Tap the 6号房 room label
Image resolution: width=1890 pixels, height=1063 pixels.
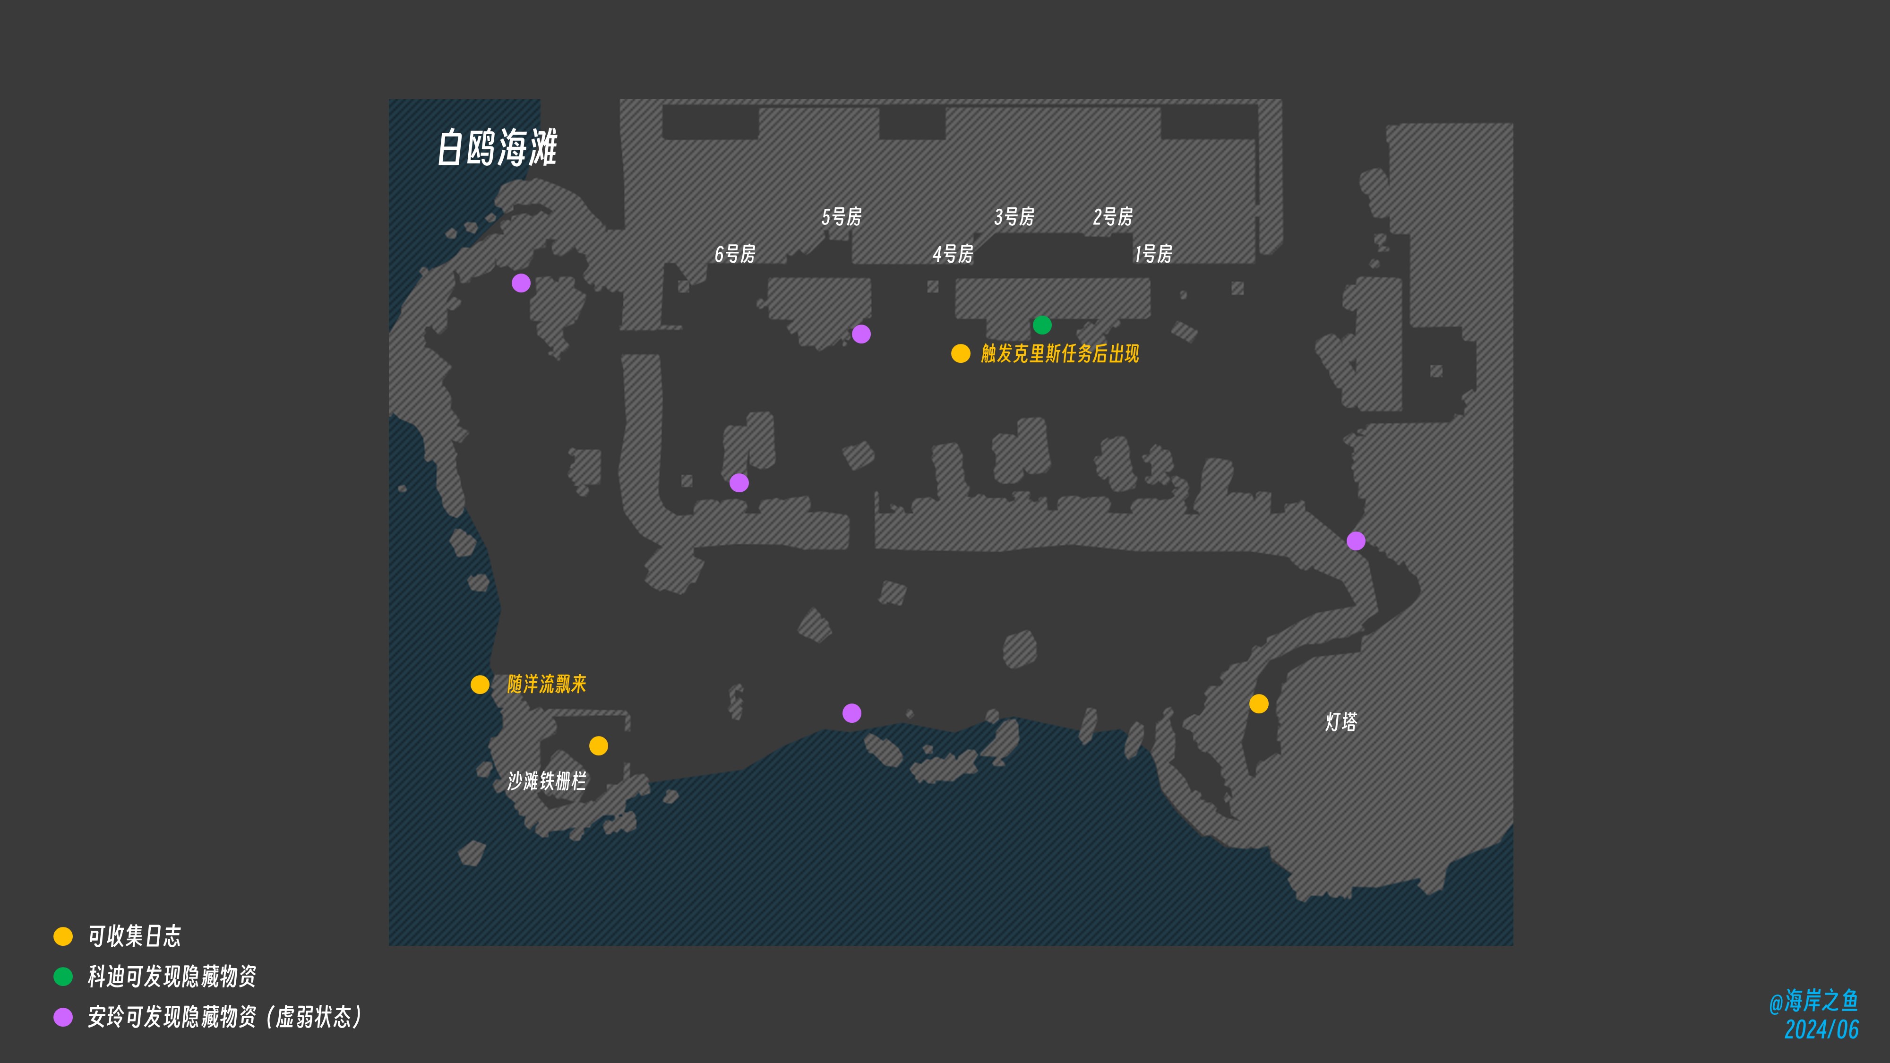tap(734, 254)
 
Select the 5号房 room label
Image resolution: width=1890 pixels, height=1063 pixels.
tap(841, 216)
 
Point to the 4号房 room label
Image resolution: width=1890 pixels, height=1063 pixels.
tap(953, 254)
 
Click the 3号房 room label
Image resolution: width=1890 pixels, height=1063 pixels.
tap(1014, 216)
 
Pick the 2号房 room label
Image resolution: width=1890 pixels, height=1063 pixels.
tap(1112, 216)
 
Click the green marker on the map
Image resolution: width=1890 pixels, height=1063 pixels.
tap(1042, 325)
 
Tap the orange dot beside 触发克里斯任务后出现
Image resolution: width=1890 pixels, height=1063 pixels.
tap(961, 353)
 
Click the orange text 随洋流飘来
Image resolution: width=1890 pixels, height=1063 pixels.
tap(547, 685)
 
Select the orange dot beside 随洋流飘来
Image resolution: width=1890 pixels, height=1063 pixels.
tap(480, 685)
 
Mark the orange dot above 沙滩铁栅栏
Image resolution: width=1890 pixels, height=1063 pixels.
tap(599, 746)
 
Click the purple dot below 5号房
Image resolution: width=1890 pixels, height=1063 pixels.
tap(861, 334)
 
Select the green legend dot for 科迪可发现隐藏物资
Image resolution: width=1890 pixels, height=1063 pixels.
tap(63, 977)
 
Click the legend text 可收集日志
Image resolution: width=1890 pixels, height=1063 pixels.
tap(134, 936)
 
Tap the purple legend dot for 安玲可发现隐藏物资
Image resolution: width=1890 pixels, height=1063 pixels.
tap(63, 1017)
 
